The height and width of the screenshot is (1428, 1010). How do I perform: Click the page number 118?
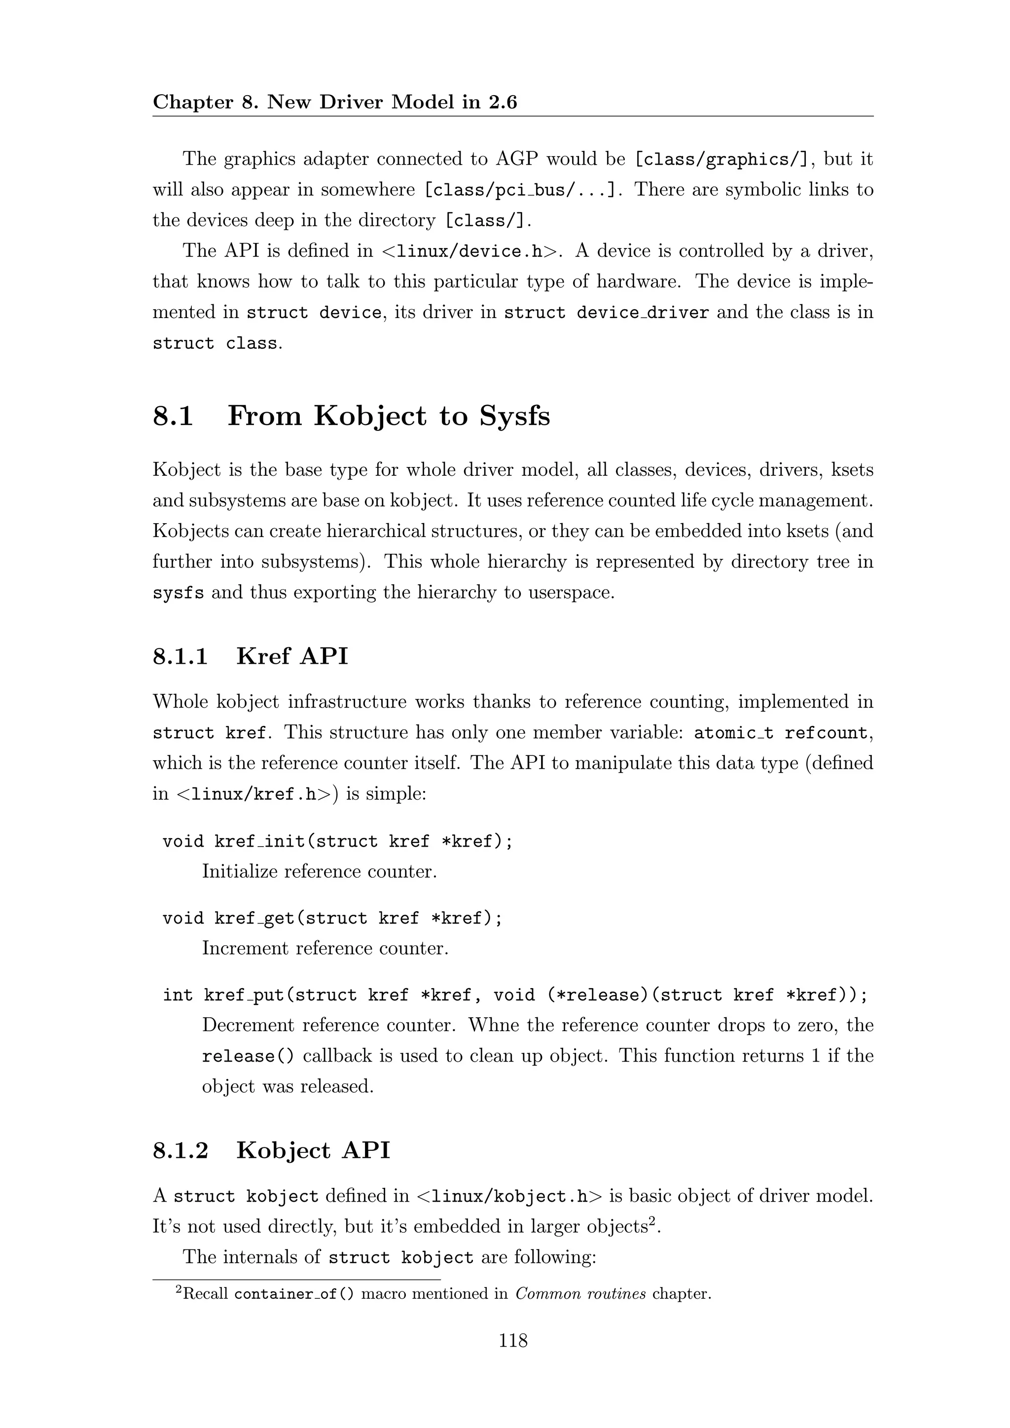tap(512, 1340)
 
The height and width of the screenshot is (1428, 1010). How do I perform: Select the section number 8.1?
tap(173, 416)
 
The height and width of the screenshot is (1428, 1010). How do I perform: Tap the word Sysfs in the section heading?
tap(514, 416)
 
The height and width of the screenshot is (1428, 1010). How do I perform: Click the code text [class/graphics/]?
tap(721, 160)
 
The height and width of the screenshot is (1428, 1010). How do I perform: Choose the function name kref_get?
tap(255, 919)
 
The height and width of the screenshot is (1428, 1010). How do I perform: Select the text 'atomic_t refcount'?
tap(781, 733)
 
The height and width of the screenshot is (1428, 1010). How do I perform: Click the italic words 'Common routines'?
tap(580, 1294)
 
